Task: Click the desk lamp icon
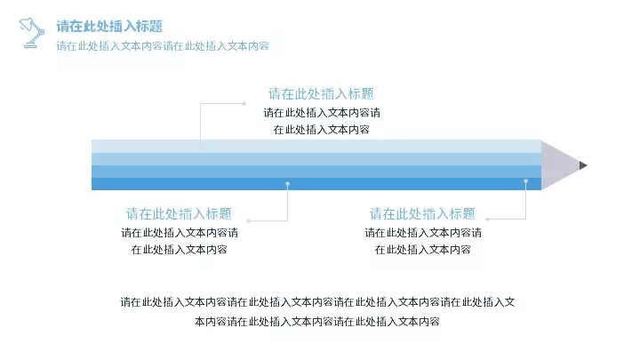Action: pyautogui.click(x=31, y=33)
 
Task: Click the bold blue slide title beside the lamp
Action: pyautogui.click(x=109, y=26)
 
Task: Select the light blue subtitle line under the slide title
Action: pyautogui.click(x=163, y=45)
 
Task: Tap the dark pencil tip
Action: pyautogui.click(x=583, y=165)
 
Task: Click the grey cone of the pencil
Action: pyautogui.click(x=560, y=165)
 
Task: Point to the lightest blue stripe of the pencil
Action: pyautogui.click(x=316, y=146)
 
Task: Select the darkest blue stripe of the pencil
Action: pyautogui.click(x=316, y=184)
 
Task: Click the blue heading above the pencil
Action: pyautogui.click(x=321, y=94)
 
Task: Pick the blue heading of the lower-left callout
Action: pyautogui.click(x=179, y=213)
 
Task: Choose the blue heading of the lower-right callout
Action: pyautogui.click(x=422, y=213)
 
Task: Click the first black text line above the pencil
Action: pyautogui.click(x=322, y=112)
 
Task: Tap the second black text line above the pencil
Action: pyautogui.click(x=321, y=130)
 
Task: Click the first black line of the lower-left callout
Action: pyautogui.click(x=180, y=233)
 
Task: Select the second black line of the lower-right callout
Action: pyautogui.click(x=422, y=250)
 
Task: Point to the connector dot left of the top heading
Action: pyautogui.click(x=244, y=104)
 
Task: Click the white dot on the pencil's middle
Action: pyautogui.click(x=288, y=184)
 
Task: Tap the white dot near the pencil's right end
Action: pyautogui.click(x=525, y=180)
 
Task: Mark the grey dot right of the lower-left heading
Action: pyautogui.click(x=249, y=220)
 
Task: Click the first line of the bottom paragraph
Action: pyautogui.click(x=317, y=302)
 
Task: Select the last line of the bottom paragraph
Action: pyautogui.click(x=317, y=322)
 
